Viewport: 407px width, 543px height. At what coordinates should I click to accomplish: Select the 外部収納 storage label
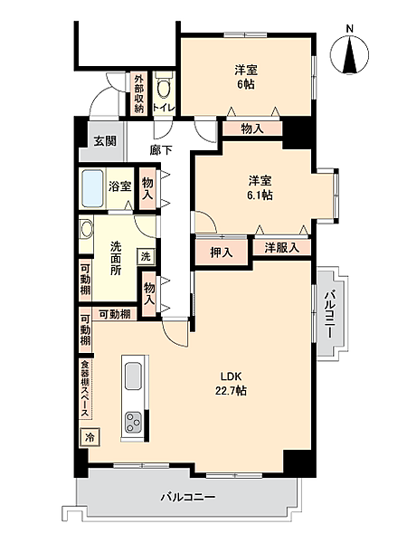click(x=138, y=93)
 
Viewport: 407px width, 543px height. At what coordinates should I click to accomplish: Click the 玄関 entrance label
click(x=105, y=141)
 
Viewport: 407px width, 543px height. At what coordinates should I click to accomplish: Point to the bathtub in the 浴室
click(x=92, y=188)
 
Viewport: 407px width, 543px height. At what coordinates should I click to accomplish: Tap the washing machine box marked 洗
click(x=146, y=257)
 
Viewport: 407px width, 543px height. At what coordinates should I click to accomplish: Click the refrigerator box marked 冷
click(x=90, y=437)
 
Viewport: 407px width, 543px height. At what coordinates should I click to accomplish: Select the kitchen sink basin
click(x=133, y=376)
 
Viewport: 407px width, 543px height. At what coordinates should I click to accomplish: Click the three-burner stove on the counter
click(x=133, y=422)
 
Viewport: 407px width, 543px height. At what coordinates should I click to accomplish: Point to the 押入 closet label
click(x=222, y=252)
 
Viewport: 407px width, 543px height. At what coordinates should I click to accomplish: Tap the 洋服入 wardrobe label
click(x=281, y=248)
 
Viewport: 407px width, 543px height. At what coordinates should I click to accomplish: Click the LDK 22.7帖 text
click(x=231, y=384)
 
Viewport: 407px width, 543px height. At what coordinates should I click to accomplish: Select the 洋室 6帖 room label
click(x=246, y=77)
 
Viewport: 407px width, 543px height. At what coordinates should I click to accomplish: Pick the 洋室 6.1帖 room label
click(x=260, y=187)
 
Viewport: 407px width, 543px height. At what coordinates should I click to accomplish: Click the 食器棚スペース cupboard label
click(x=85, y=389)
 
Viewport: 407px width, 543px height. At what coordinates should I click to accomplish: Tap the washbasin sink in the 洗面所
click(x=86, y=229)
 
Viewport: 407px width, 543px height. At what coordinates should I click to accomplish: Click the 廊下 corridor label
click(x=161, y=150)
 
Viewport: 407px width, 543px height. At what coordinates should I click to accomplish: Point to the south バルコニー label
click(x=188, y=497)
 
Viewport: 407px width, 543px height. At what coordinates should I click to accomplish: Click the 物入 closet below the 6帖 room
click(x=252, y=129)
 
